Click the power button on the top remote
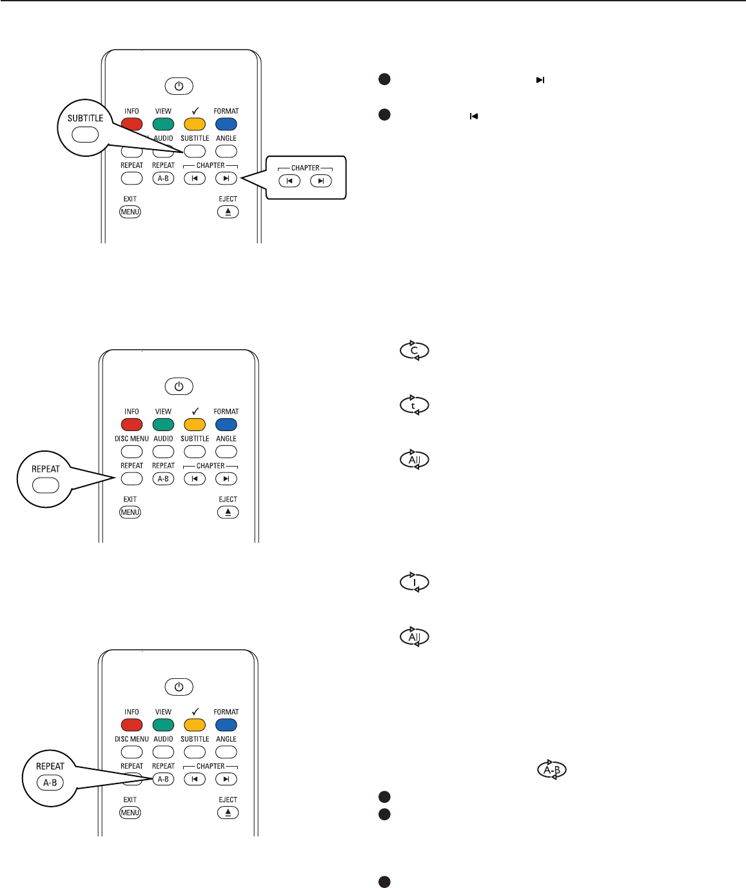179,86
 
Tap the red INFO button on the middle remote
132,425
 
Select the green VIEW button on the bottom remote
163,725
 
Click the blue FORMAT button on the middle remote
226,425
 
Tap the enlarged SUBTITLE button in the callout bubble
85,135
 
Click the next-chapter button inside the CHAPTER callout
320,181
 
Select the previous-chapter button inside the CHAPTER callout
290,181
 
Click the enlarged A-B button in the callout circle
50,783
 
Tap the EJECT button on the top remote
228,212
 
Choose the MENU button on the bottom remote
130,812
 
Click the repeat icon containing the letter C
415,351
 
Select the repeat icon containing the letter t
415,405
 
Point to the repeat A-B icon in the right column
553,770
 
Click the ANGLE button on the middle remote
226,452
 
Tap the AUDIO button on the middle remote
163,452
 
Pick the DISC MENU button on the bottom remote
132,752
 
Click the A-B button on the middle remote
163,479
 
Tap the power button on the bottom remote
179,687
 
